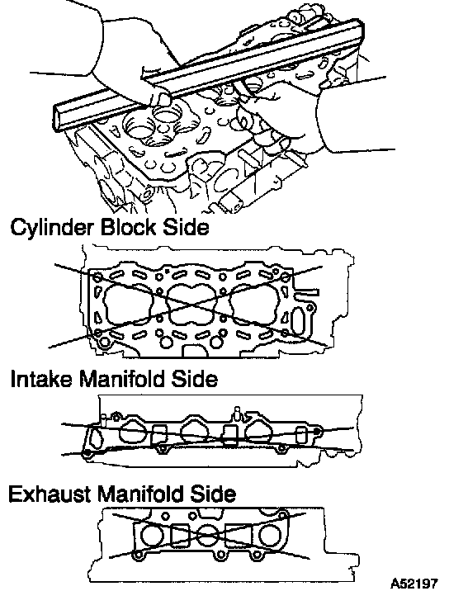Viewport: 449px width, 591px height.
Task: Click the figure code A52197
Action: [414, 582]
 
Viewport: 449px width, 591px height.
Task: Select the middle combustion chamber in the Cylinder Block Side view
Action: [192, 304]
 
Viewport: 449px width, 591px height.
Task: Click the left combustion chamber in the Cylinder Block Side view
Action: [129, 305]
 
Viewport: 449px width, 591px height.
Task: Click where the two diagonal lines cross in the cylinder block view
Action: [192, 305]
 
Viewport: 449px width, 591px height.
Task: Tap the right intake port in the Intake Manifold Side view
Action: [258, 431]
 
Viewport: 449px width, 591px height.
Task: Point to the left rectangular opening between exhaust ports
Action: [180, 536]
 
